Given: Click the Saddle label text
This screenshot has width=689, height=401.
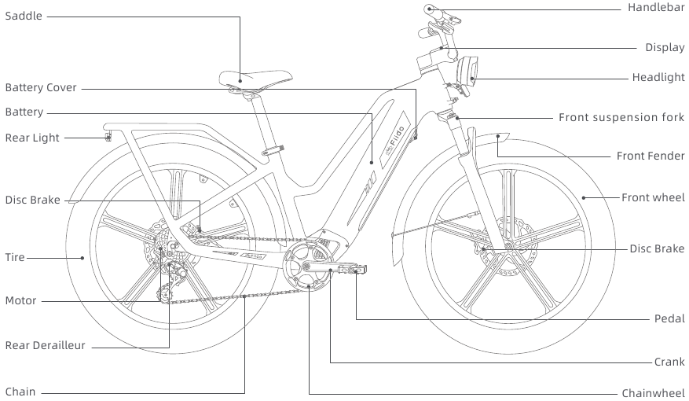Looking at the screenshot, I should point(24,16).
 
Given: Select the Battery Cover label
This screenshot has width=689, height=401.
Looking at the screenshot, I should point(41,87).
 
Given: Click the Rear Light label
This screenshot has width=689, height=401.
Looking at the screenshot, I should point(32,138).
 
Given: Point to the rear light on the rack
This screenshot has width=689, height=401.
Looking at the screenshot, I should point(108,138).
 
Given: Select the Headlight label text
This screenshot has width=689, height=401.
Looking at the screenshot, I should point(658,77).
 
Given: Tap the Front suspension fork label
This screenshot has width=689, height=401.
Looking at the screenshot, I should point(621,117).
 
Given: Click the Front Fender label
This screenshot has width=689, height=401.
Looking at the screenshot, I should point(651,156).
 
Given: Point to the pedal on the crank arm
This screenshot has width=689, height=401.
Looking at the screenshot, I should point(346,270).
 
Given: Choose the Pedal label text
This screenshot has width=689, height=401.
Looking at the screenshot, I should point(669,318).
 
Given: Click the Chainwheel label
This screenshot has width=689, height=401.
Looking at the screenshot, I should point(653,392).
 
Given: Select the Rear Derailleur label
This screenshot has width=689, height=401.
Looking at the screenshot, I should point(45,345).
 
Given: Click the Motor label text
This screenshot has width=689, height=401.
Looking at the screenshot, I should point(20,300).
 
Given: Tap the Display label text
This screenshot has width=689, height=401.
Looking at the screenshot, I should point(665,47).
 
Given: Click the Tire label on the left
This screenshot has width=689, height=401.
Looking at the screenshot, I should point(15,257).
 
